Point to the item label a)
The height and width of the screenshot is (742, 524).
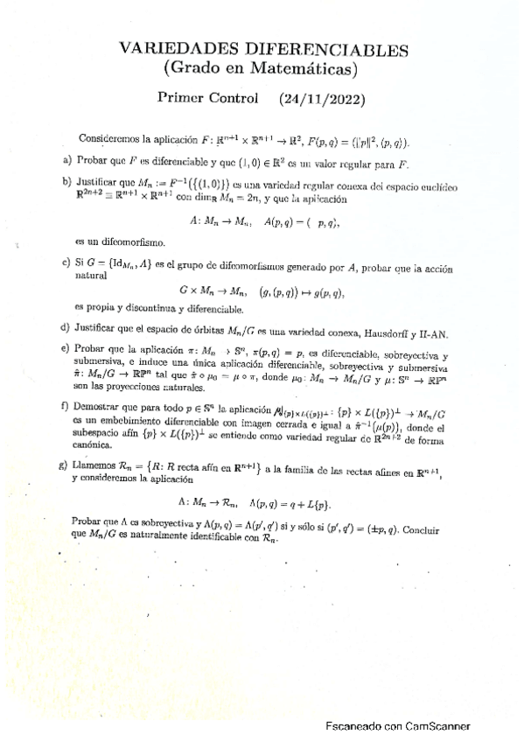[67, 162]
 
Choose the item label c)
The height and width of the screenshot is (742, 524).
[67, 263]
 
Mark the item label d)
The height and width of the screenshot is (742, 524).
[66, 328]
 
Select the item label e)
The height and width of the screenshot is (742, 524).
[66, 348]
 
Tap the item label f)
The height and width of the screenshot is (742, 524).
[66, 407]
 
